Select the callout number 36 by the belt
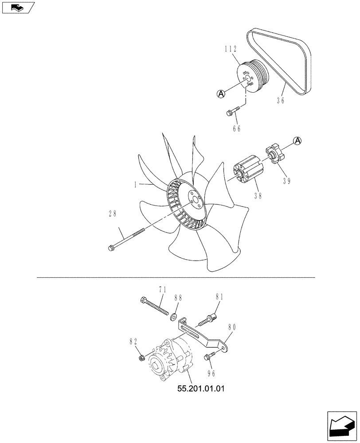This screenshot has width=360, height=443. (280, 101)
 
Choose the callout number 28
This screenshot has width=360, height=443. (113, 214)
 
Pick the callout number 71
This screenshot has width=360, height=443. (162, 290)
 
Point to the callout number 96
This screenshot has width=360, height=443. (211, 373)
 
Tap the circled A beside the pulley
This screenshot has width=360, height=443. (221, 93)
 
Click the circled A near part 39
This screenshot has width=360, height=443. (298, 140)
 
